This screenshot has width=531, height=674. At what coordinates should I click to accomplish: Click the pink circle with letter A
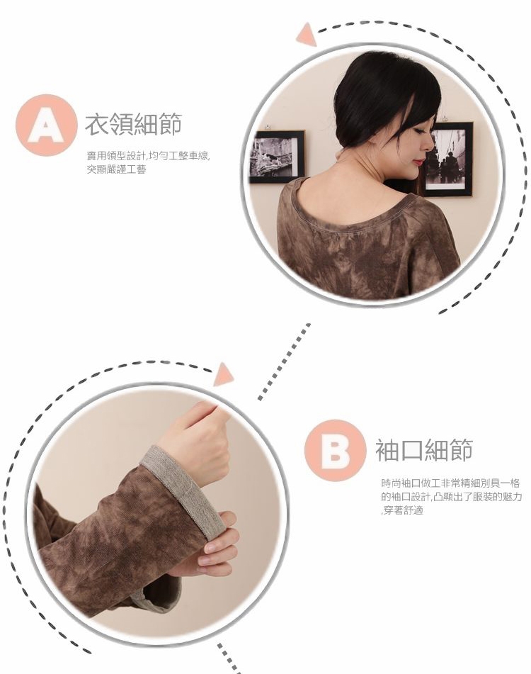pyautogui.click(x=46, y=125)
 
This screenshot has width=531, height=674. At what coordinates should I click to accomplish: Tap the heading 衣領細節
pyautogui.click(x=134, y=124)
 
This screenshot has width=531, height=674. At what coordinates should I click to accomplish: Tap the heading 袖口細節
pyautogui.click(x=424, y=450)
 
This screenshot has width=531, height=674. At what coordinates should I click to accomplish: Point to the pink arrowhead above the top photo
pyautogui.click(x=307, y=35)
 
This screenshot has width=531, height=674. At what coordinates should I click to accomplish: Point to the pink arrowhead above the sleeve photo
pyautogui.click(x=223, y=375)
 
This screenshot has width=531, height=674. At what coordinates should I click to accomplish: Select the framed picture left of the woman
pyautogui.click(x=276, y=156)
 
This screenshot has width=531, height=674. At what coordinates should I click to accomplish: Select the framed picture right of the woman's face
pyautogui.click(x=449, y=158)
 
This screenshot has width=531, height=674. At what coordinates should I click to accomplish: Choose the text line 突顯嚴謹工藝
pyautogui.click(x=116, y=170)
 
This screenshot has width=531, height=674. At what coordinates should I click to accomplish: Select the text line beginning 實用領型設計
pyautogui.click(x=149, y=156)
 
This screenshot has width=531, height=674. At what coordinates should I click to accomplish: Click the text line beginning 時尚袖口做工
pyautogui.click(x=450, y=483)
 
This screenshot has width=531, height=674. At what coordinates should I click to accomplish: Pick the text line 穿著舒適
pyautogui.click(x=402, y=511)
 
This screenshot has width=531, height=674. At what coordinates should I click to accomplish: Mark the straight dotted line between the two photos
pyautogui.click(x=284, y=361)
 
